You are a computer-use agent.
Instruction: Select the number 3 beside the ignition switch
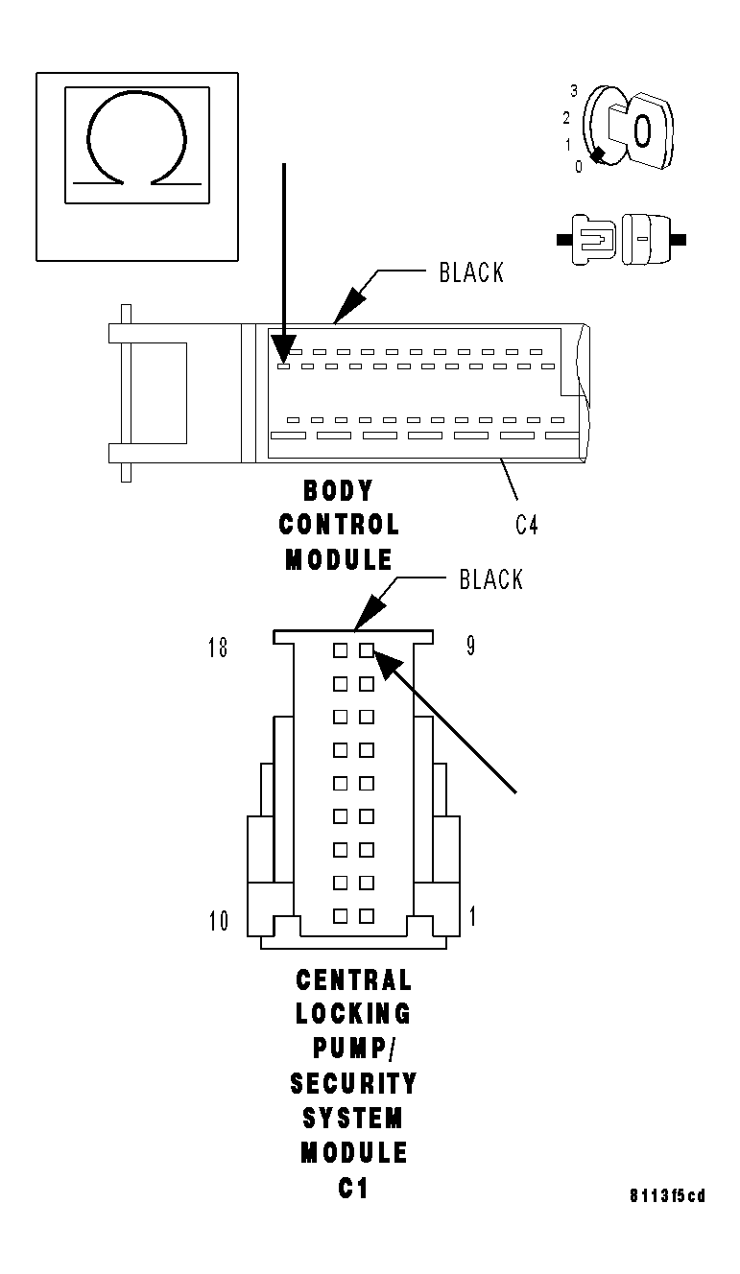pos(573,91)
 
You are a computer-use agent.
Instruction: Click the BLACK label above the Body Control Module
pos(471,272)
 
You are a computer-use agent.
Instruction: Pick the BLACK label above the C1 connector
pos(491,579)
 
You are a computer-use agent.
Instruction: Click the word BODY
pos(337,491)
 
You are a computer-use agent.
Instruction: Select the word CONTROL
pos(339,525)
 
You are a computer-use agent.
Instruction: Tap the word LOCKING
pos(352,1014)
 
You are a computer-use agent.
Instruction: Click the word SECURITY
pos(353,1083)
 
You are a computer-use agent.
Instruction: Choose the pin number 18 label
pos(218,648)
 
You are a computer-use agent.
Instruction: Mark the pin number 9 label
pos(470,646)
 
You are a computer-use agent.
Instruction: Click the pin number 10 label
pos(219,921)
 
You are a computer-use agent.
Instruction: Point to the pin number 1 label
pos(472,916)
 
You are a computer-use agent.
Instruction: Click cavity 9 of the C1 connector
pos(367,650)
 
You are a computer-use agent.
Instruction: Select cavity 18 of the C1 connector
pos(340,650)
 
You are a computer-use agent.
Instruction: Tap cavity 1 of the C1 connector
pos(367,916)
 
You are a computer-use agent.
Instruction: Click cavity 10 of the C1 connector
pos(340,916)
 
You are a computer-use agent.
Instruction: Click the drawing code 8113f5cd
pos(667,1195)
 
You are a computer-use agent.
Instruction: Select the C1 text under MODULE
pos(352,1188)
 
